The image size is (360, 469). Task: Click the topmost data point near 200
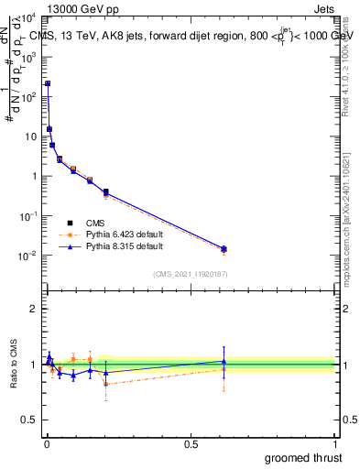coord(48,83)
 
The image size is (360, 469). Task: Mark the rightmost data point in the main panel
coord(224,248)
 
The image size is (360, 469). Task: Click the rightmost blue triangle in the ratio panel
coord(224,361)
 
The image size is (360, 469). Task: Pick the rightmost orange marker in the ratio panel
coord(224,369)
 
